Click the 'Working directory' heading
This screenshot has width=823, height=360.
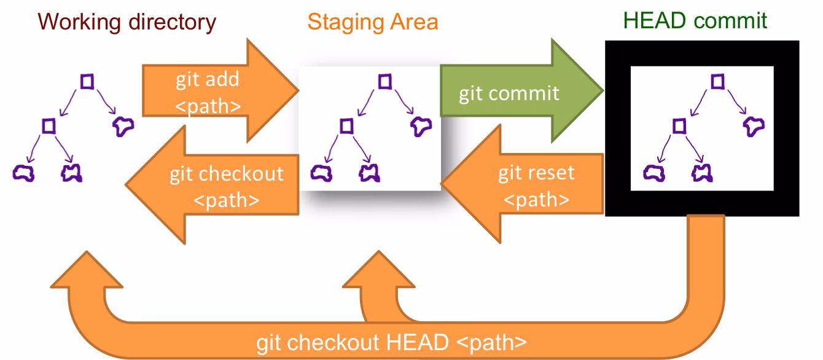click(127, 22)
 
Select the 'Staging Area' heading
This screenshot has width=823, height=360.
click(373, 22)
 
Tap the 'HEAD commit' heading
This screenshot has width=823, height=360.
click(695, 20)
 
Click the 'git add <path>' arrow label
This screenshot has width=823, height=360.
click(208, 92)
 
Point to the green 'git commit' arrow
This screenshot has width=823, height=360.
click(509, 93)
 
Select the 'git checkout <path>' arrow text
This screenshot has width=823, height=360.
click(226, 186)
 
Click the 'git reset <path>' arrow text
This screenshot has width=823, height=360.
click(536, 186)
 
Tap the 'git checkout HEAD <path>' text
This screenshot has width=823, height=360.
click(391, 342)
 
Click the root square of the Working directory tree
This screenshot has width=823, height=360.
click(88, 81)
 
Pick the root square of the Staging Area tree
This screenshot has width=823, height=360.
click(384, 81)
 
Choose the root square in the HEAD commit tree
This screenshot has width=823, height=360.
click(717, 81)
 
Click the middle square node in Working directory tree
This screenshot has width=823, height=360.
click(49, 126)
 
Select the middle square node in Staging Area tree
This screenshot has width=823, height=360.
click(346, 126)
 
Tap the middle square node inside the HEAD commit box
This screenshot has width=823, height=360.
click(679, 126)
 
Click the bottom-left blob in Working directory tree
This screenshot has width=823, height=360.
click(24, 173)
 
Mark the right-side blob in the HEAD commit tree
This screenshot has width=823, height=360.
click(754, 126)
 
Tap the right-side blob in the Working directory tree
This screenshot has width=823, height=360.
click(123, 127)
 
